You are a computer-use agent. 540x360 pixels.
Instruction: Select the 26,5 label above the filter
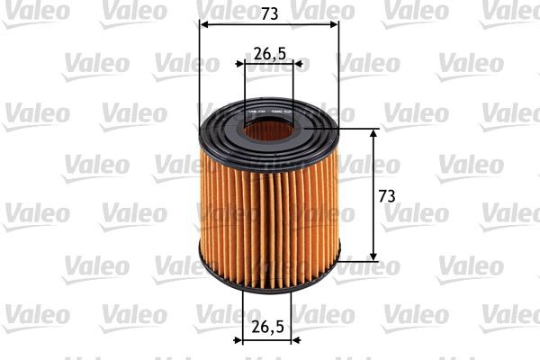(x=269, y=53)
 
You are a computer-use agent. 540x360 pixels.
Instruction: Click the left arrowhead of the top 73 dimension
(x=202, y=23)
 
